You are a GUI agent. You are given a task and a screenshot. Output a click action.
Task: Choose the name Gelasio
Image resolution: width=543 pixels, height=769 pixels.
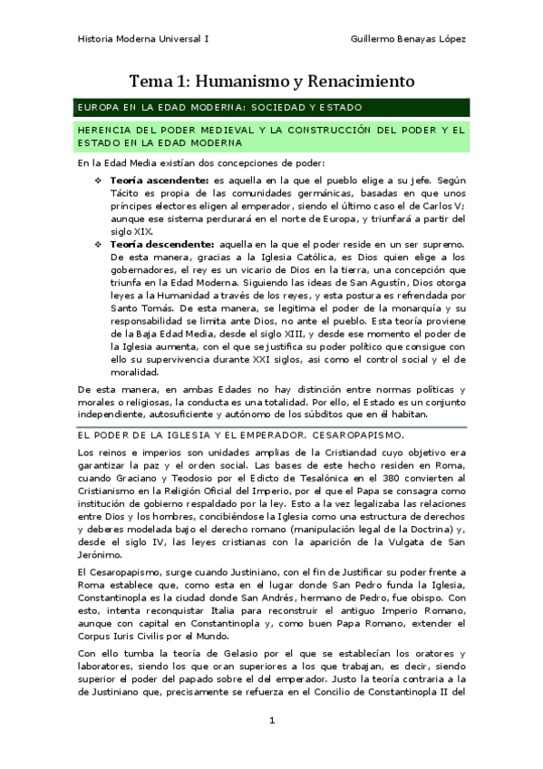click(208, 653)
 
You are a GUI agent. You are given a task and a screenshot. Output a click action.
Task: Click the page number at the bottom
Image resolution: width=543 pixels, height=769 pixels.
click(272, 721)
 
